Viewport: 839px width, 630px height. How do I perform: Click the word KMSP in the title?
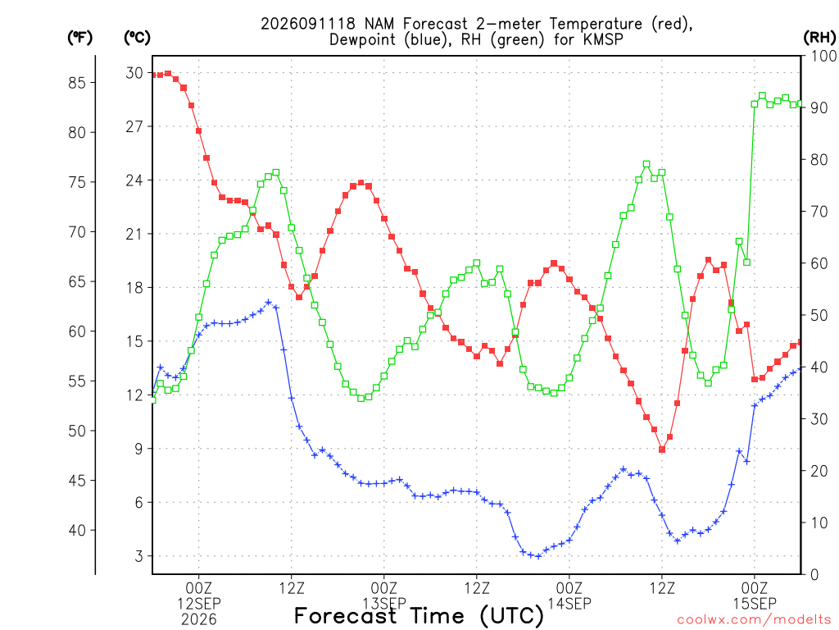[603, 39]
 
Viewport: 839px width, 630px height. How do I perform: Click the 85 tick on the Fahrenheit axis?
[77, 83]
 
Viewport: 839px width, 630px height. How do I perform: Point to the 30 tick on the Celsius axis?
[134, 73]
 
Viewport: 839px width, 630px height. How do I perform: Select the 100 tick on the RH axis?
[824, 56]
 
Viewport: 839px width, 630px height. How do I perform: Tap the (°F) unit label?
[79, 38]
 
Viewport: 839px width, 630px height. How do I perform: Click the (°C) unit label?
[137, 38]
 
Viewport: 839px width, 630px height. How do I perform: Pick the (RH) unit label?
[819, 38]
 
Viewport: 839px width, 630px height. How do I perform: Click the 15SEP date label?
[755, 604]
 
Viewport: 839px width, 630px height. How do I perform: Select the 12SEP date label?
[199, 604]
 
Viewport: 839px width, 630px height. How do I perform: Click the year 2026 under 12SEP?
[199, 620]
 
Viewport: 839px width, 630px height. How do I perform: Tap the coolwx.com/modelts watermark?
[754, 620]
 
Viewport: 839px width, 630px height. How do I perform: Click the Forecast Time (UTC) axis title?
[419, 615]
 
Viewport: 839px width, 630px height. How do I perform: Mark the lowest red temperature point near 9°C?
[662, 450]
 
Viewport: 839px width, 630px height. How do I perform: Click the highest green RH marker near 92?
[762, 96]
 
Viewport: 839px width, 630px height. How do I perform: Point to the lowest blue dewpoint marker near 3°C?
[538, 556]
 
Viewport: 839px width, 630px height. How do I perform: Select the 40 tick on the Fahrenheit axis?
[77, 531]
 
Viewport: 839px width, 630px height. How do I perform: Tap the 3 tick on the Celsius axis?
[139, 556]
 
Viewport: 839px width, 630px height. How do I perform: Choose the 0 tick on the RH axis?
[814, 574]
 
